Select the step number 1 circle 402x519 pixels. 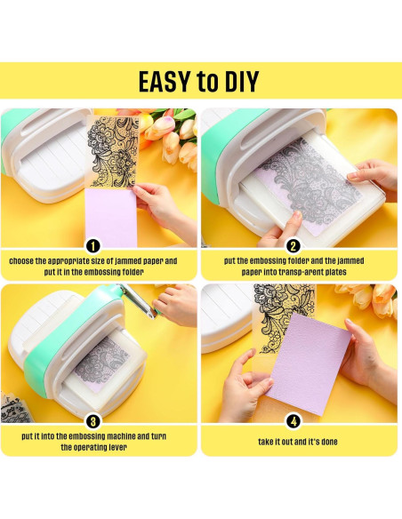[93, 245]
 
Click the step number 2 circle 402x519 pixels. [293, 245]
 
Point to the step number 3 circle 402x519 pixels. [93, 421]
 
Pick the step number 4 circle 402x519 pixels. [293, 421]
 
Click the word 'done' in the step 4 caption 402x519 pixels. [327, 442]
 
